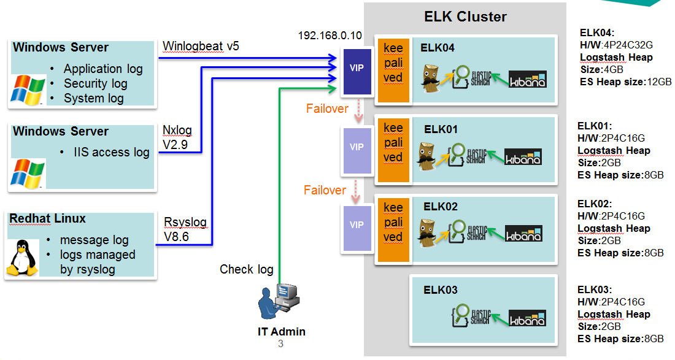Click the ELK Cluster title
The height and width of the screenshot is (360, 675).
[465, 17]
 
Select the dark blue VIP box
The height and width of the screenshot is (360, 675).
[356, 68]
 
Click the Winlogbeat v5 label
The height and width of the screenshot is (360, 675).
[201, 47]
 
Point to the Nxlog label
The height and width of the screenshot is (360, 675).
[177, 131]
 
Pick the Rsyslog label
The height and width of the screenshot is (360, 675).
[185, 222]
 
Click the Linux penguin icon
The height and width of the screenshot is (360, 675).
[22, 258]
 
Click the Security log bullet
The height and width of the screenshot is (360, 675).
[96, 83]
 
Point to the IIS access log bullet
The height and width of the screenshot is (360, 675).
[112, 153]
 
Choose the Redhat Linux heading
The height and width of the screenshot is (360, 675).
[48, 219]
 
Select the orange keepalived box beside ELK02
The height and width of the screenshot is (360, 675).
[393, 223]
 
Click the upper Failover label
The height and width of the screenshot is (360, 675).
[327, 109]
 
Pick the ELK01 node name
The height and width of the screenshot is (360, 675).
[441, 129]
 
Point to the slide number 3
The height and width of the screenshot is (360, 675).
[280, 344]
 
